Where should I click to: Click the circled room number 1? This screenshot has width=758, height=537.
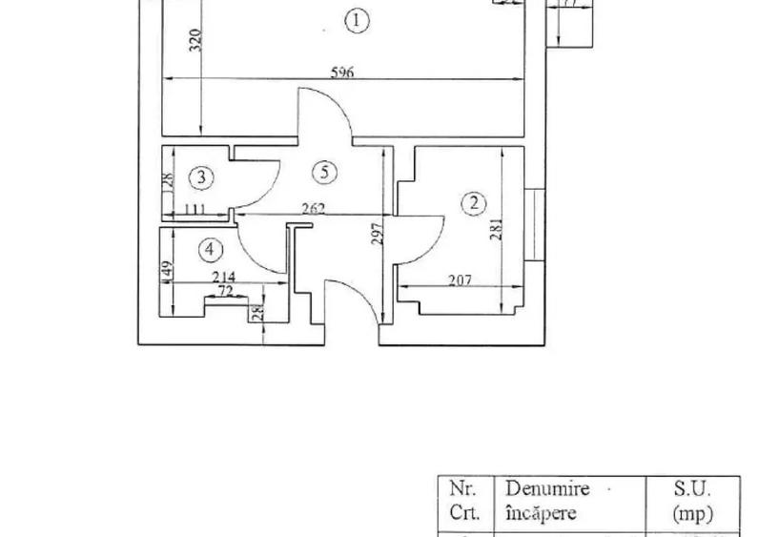[x=357, y=21]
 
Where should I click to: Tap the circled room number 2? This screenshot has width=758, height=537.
[x=474, y=202]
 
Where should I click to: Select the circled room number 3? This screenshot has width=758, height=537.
[x=200, y=176]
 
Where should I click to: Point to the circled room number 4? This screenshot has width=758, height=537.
[x=211, y=250]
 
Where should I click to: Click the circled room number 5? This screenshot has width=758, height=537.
[x=325, y=173]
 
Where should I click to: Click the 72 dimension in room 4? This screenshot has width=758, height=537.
[x=226, y=291]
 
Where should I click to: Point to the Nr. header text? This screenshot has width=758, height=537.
[x=462, y=489]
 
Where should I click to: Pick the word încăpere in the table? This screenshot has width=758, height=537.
[x=541, y=513]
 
